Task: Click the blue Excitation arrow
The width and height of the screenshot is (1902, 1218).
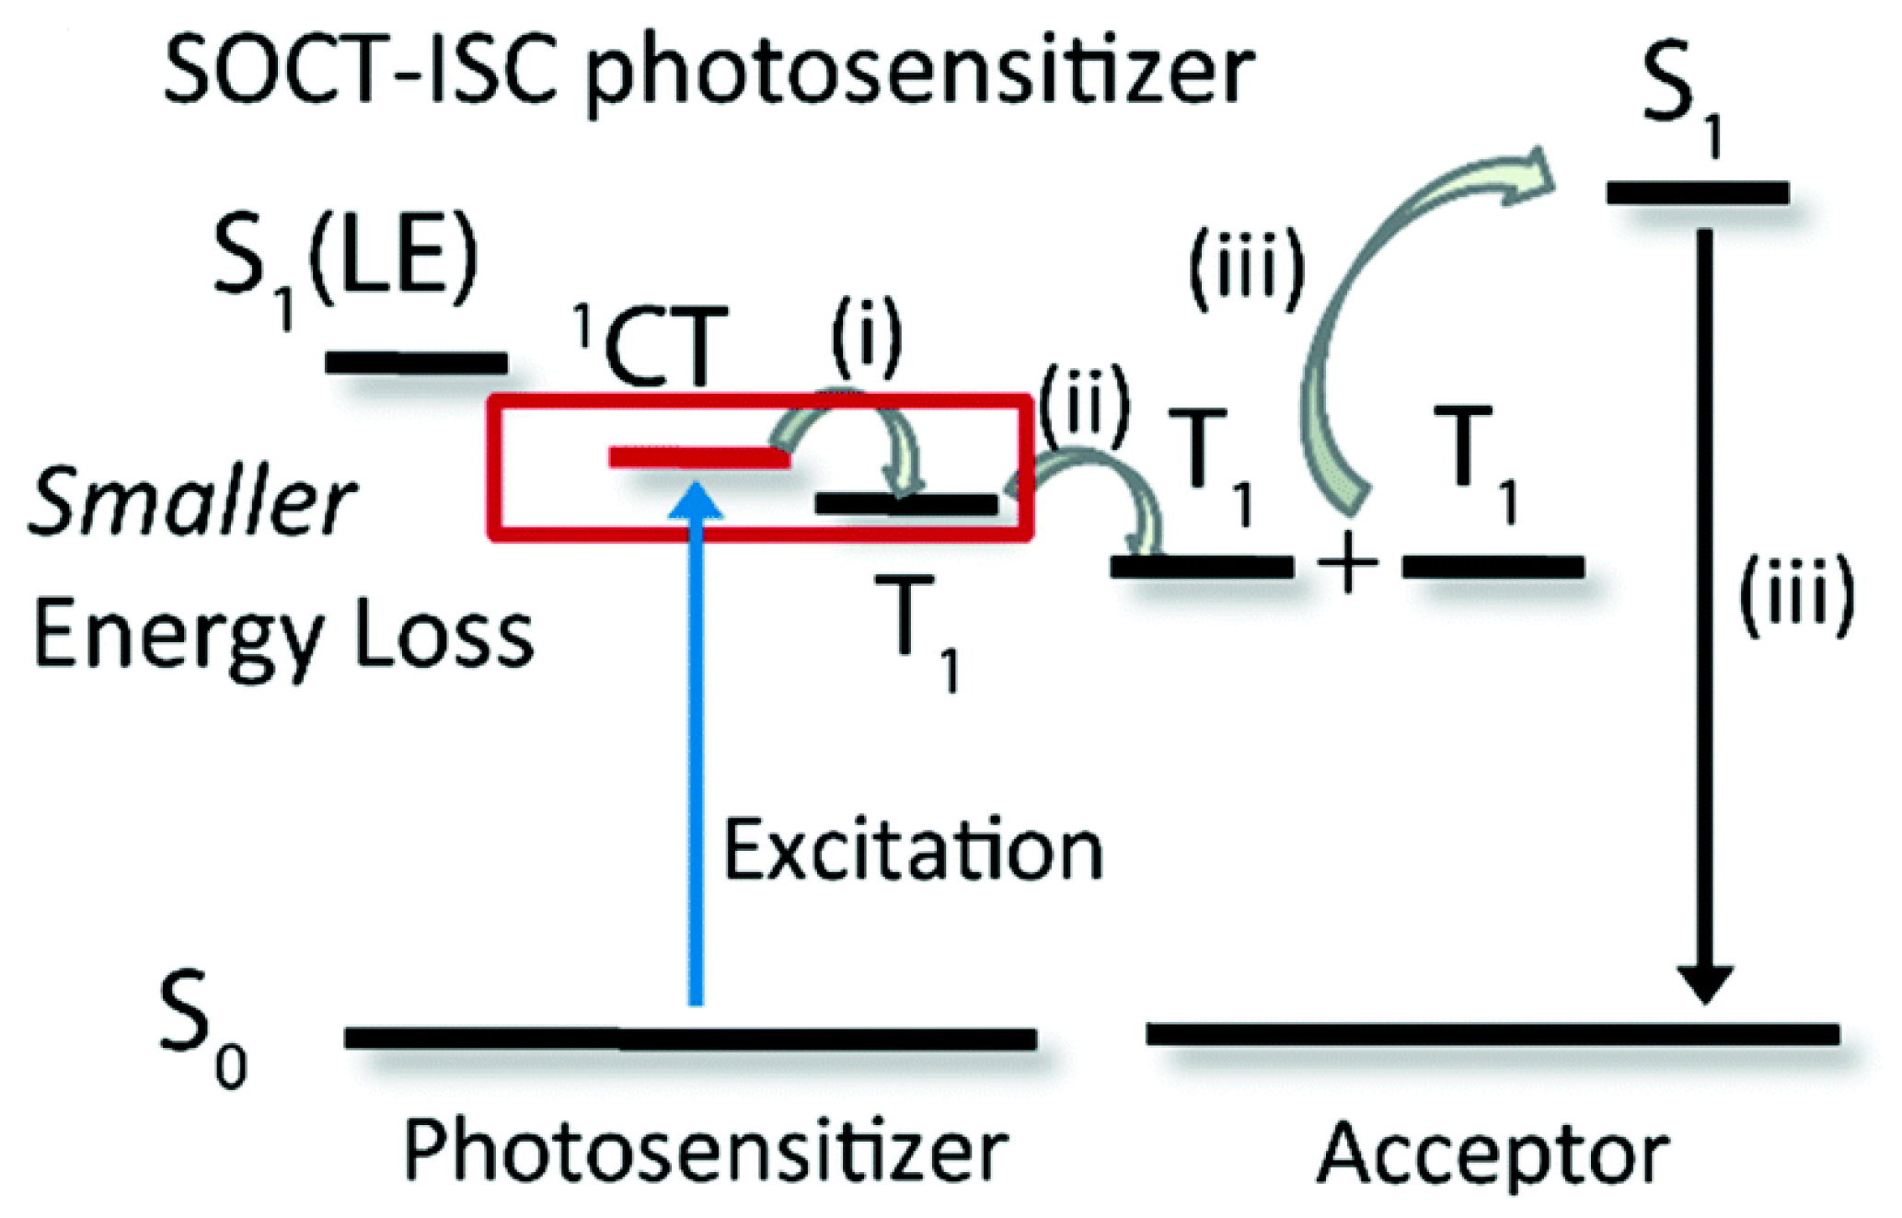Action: (696, 754)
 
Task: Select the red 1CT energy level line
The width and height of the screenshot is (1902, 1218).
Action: (699, 457)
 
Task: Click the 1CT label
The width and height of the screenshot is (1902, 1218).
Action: (652, 348)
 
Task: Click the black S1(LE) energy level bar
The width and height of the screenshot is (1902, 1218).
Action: (416, 362)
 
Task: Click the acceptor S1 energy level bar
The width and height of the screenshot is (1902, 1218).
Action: (1698, 193)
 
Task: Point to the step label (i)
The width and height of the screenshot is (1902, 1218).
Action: (866, 338)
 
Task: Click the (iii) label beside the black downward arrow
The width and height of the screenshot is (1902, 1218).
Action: (1794, 598)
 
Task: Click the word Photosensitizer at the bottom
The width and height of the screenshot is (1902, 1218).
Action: (706, 1152)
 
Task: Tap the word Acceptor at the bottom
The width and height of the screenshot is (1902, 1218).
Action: (1493, 1154)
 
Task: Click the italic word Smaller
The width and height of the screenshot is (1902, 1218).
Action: (191, 501)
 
